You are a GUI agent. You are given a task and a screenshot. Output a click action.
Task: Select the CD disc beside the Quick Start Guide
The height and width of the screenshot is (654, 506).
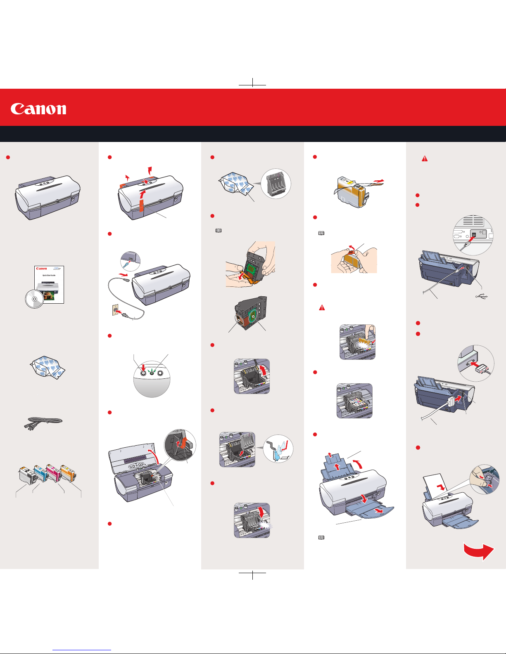click(x=34, y=299)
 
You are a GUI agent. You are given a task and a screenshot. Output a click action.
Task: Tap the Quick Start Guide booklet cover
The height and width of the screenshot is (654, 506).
click(x=49, y=285)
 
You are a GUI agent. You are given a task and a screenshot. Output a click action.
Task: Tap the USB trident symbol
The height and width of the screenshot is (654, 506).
click(x=482, y=296)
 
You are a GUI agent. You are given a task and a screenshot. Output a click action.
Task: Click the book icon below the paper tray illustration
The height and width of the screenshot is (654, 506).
click(x=321, y=538)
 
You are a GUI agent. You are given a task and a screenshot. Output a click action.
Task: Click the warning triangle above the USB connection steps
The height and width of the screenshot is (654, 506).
click(x=424, y=158)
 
